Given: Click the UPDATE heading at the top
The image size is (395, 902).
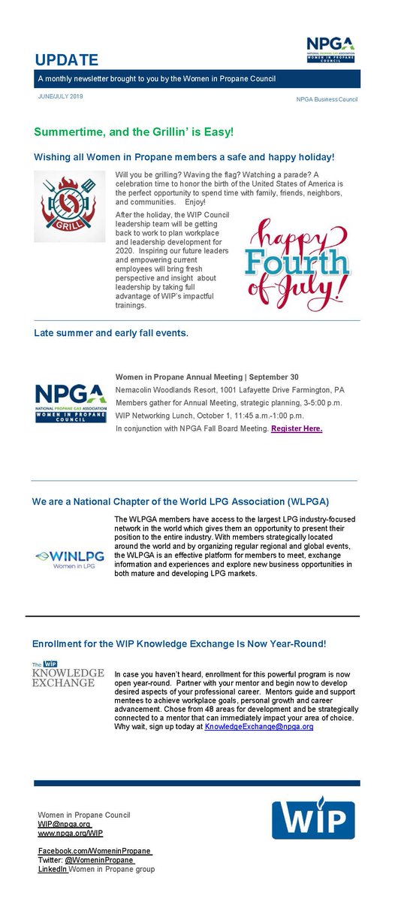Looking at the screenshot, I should [x=66, y=59].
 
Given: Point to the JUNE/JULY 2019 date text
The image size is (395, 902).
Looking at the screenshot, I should [x=62, y=97].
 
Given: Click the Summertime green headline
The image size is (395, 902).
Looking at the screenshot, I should [x=134, y=132].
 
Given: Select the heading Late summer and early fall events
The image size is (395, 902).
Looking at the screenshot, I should [x=111, y=332].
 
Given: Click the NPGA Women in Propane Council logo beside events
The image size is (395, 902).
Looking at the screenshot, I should [x=70, y=404].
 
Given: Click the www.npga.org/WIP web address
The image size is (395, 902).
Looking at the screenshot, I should [x=70, y=833].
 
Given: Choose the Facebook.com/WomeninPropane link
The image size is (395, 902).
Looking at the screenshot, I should [x=95, y=851].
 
